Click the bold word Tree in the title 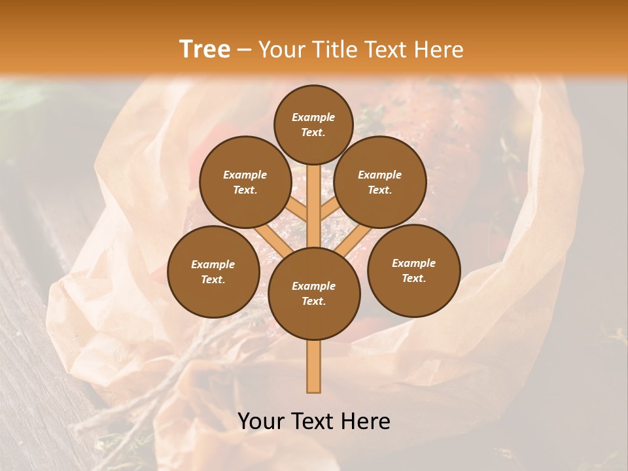click(205, 50)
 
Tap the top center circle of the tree click(313, 124)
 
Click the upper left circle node click(245, 182)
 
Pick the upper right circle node click(379, 182)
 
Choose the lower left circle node click(213, 271)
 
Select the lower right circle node click(413, 270)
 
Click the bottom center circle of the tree click(313, 293)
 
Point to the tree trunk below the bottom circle click(313, 366)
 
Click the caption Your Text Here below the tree click(314, 421)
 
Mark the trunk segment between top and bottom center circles click(313, 206)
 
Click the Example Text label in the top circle click(313, 124)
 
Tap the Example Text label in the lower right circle click(413, 270)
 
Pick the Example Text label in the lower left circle click(213, 271)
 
